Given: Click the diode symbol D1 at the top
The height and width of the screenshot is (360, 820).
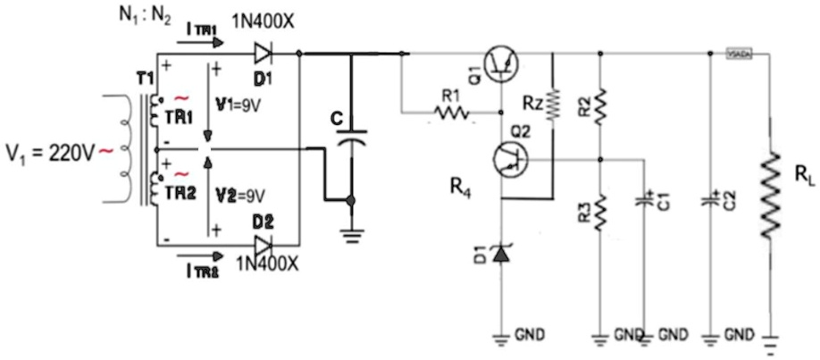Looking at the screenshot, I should [x=263, y=52].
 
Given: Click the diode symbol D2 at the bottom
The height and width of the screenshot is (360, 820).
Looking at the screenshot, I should [x=263, y=243].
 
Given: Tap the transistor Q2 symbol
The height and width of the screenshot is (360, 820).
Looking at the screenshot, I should [x=509, y=159].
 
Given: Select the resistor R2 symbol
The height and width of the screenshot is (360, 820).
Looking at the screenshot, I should [x=600, y=105].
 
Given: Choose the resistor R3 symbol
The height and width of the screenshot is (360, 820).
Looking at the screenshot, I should [x=600, y=212].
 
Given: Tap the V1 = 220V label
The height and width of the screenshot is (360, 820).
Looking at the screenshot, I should [x=48, y=151].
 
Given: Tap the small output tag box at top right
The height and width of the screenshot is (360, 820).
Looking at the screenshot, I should [x=741, y=54].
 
